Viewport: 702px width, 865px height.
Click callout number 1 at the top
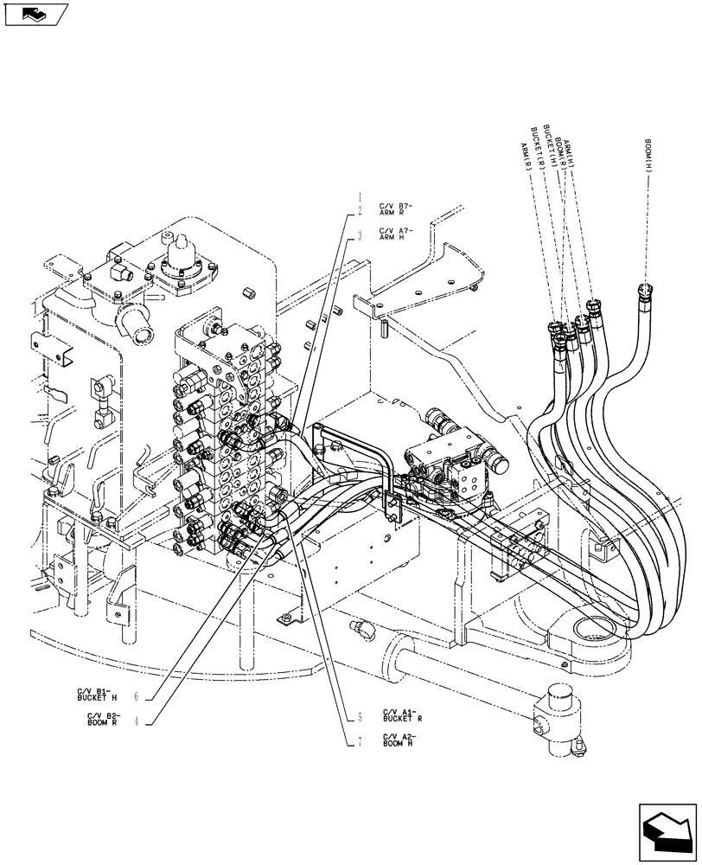pos(359,196)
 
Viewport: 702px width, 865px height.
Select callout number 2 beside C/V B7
pos(359,210)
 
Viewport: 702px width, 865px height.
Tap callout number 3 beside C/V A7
pos(359,234)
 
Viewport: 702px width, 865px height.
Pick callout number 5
pos(359,716)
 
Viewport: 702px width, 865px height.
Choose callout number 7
pos(359,740)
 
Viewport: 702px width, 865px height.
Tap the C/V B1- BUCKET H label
pos(96,694)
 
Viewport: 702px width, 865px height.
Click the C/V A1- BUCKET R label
pos(402,715)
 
